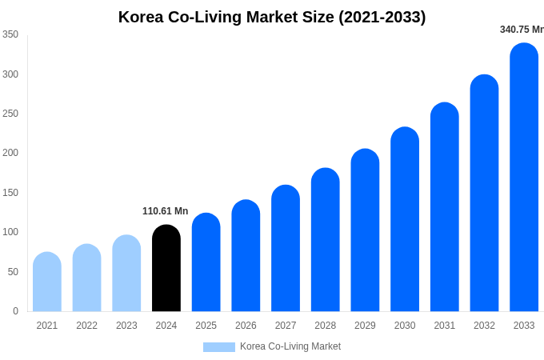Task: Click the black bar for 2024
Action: tap(166, 269)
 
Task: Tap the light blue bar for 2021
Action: tap(47, 282)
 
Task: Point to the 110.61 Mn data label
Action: tap(166, 211)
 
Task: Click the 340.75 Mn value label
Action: tap(521, 30)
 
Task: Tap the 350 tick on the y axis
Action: tap(10, 34)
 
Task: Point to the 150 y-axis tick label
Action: tap(10, 193)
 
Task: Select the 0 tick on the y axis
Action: tap(15, 311)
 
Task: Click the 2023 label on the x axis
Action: tap(126, 326)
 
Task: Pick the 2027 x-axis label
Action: tap(286, 326)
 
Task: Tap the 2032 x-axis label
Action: tap(484, 326)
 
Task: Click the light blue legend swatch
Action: tap(218, 347)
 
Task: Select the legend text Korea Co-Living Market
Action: tap(290, 346)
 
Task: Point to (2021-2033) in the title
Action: tap(382, 17)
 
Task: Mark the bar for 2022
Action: tap(87, 278)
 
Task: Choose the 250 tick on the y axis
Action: tap(10, 114)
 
